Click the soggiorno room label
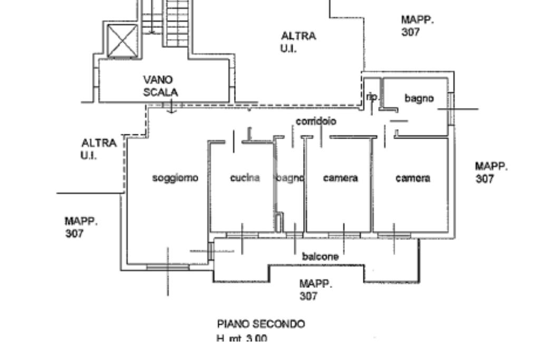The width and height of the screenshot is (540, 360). point(175,178)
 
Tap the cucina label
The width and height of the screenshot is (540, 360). point(245,178)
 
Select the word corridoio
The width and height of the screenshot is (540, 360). point(316,121)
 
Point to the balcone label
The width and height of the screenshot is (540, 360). point(320,257)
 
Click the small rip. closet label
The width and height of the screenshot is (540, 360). point(372,97)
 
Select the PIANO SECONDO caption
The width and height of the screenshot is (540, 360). point(261,324)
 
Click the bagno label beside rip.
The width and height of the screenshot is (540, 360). point(419,98)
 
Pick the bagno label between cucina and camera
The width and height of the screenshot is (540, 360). point(290,178)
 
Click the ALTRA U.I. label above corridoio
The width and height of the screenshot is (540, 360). point(298,42)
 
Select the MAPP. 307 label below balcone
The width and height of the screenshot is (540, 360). point(316,290)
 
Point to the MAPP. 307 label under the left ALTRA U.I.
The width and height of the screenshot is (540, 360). point(81,227)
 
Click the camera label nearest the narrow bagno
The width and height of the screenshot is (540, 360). point(340,178)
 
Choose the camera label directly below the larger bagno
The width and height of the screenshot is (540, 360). point(412,178)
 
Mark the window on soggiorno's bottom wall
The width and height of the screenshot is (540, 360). point(167,268)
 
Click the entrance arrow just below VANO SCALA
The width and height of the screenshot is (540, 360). point(171,108)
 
